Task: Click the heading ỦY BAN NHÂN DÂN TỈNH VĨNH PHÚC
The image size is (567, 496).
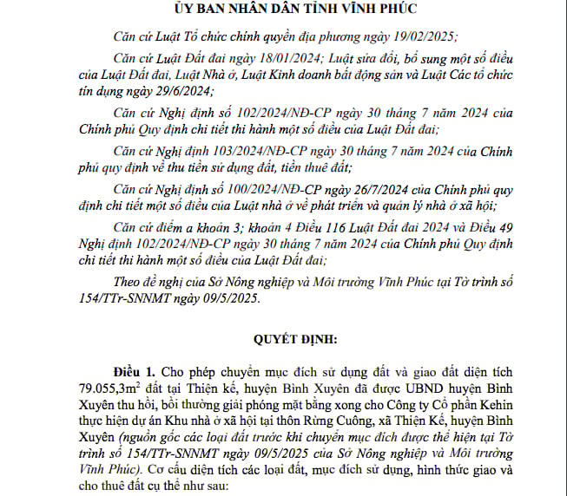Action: (283, 10)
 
